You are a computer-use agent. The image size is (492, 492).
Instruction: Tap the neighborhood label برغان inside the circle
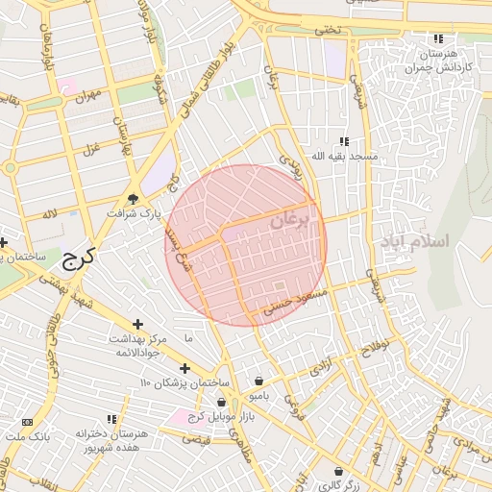coord(292,222)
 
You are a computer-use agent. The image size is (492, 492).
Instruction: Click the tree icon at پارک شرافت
coord(132,201)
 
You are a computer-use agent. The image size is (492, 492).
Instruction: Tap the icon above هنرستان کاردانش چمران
coord(438,39)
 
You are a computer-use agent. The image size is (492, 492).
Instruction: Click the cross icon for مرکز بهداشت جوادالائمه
coord(138,325)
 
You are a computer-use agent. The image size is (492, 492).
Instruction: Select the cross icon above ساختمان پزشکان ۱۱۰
coord(184,368)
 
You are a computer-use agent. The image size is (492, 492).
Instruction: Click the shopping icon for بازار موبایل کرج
coord(222,402)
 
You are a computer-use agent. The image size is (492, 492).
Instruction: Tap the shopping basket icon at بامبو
coord(258,381)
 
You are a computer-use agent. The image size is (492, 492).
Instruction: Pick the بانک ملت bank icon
coord(26,422)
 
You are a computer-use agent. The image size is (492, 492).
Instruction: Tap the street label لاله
coord(48,213)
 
